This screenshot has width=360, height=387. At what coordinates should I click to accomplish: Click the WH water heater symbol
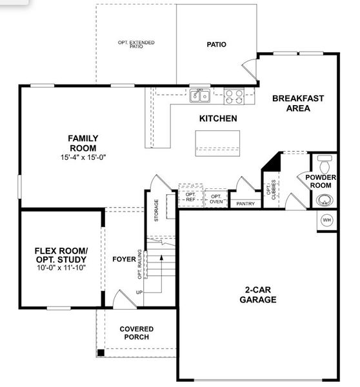tap(326, 220)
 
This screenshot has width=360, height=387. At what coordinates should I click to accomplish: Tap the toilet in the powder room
tap(325, 159)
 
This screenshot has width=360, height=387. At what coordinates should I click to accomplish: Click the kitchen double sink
tap(199, 95)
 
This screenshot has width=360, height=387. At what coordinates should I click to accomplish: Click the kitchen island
tap(217, 142)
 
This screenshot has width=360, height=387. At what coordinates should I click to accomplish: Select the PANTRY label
tap(245, 204)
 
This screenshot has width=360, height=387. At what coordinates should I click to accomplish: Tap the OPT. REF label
tap(190, 197)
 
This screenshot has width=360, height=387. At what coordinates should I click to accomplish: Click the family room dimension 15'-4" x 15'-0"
tap(83, 157)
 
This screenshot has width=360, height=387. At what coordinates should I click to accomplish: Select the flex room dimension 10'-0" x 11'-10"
tap(61, 267)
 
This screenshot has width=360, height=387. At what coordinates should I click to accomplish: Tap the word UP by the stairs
tap(139, 292)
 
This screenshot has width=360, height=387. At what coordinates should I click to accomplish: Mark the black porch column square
tap(100, 352)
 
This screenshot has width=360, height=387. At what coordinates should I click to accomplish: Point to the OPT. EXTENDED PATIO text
tap(136, 45)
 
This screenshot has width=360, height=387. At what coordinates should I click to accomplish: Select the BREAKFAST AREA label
tap(297, 103)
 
